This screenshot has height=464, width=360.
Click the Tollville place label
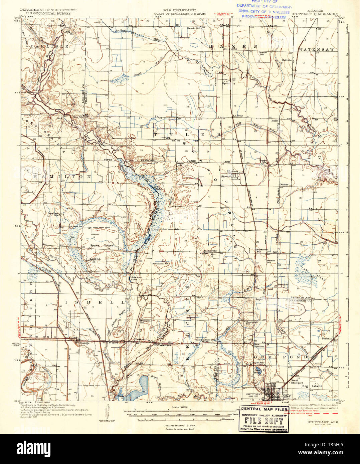click(287, 60)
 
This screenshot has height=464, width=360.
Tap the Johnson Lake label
click(134, 278)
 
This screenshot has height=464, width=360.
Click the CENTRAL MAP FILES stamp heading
click(264, 409)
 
